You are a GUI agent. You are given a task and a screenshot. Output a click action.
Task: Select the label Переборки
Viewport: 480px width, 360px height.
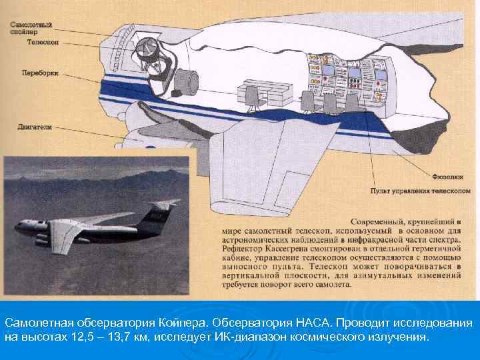[38, 72]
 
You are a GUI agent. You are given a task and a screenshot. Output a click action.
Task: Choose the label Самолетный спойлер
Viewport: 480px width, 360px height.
[31, 28]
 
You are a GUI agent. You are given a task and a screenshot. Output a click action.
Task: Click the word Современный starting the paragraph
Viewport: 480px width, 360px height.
[377, 221]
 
